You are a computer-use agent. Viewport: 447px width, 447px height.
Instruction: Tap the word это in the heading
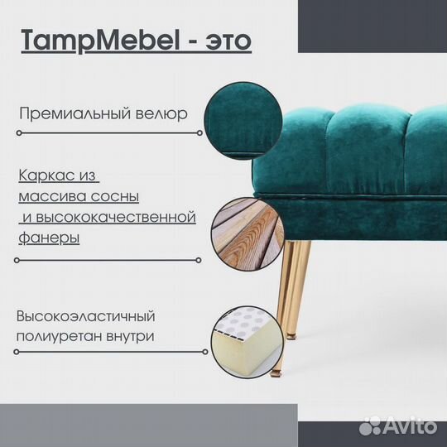(225, 41)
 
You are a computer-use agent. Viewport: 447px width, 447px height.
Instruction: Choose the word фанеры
(49, 238)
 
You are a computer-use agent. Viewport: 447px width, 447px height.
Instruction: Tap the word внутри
(129, 337)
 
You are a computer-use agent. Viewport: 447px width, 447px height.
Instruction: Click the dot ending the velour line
(200, 132)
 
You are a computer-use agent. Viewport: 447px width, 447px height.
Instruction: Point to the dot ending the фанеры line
(200, 259)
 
